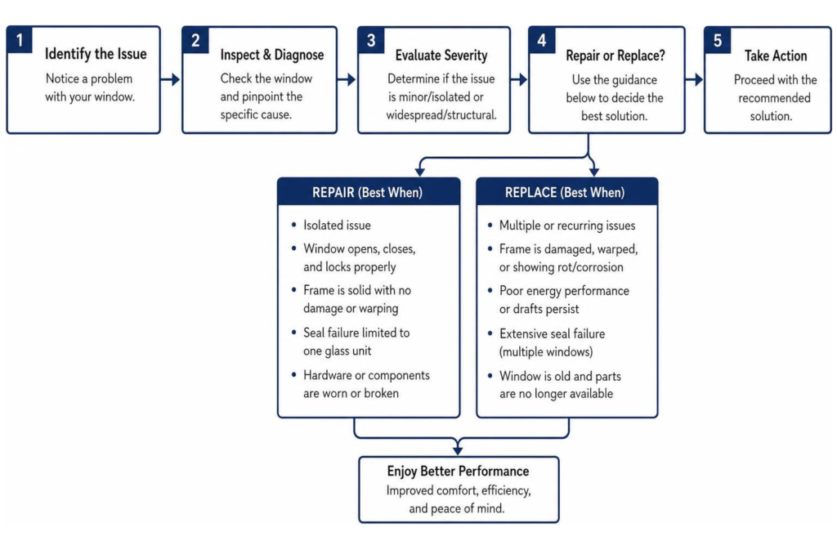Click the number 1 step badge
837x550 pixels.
(20, 40)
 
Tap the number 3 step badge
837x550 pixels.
(371, 41)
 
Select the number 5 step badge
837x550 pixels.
(718, 41)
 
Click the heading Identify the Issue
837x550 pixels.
(96, 54)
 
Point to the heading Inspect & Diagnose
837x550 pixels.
(271, 55)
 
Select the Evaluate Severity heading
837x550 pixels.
(441, 56)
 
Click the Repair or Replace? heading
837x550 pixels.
(615, 56)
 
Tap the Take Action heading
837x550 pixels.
(776, 56)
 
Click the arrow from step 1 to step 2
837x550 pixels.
(170, 80)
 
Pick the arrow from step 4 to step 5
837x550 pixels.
(694, 80)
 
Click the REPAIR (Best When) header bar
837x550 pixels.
(369, 192)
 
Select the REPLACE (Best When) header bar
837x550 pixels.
(567, 192)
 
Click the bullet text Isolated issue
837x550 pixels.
(337, 225)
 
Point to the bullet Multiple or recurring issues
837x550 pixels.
(567, 226)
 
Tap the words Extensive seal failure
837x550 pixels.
(552, 334)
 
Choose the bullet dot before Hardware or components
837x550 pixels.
(293, 374)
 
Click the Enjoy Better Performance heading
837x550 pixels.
(458, 471)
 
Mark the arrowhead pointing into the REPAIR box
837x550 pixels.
(420, 172)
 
